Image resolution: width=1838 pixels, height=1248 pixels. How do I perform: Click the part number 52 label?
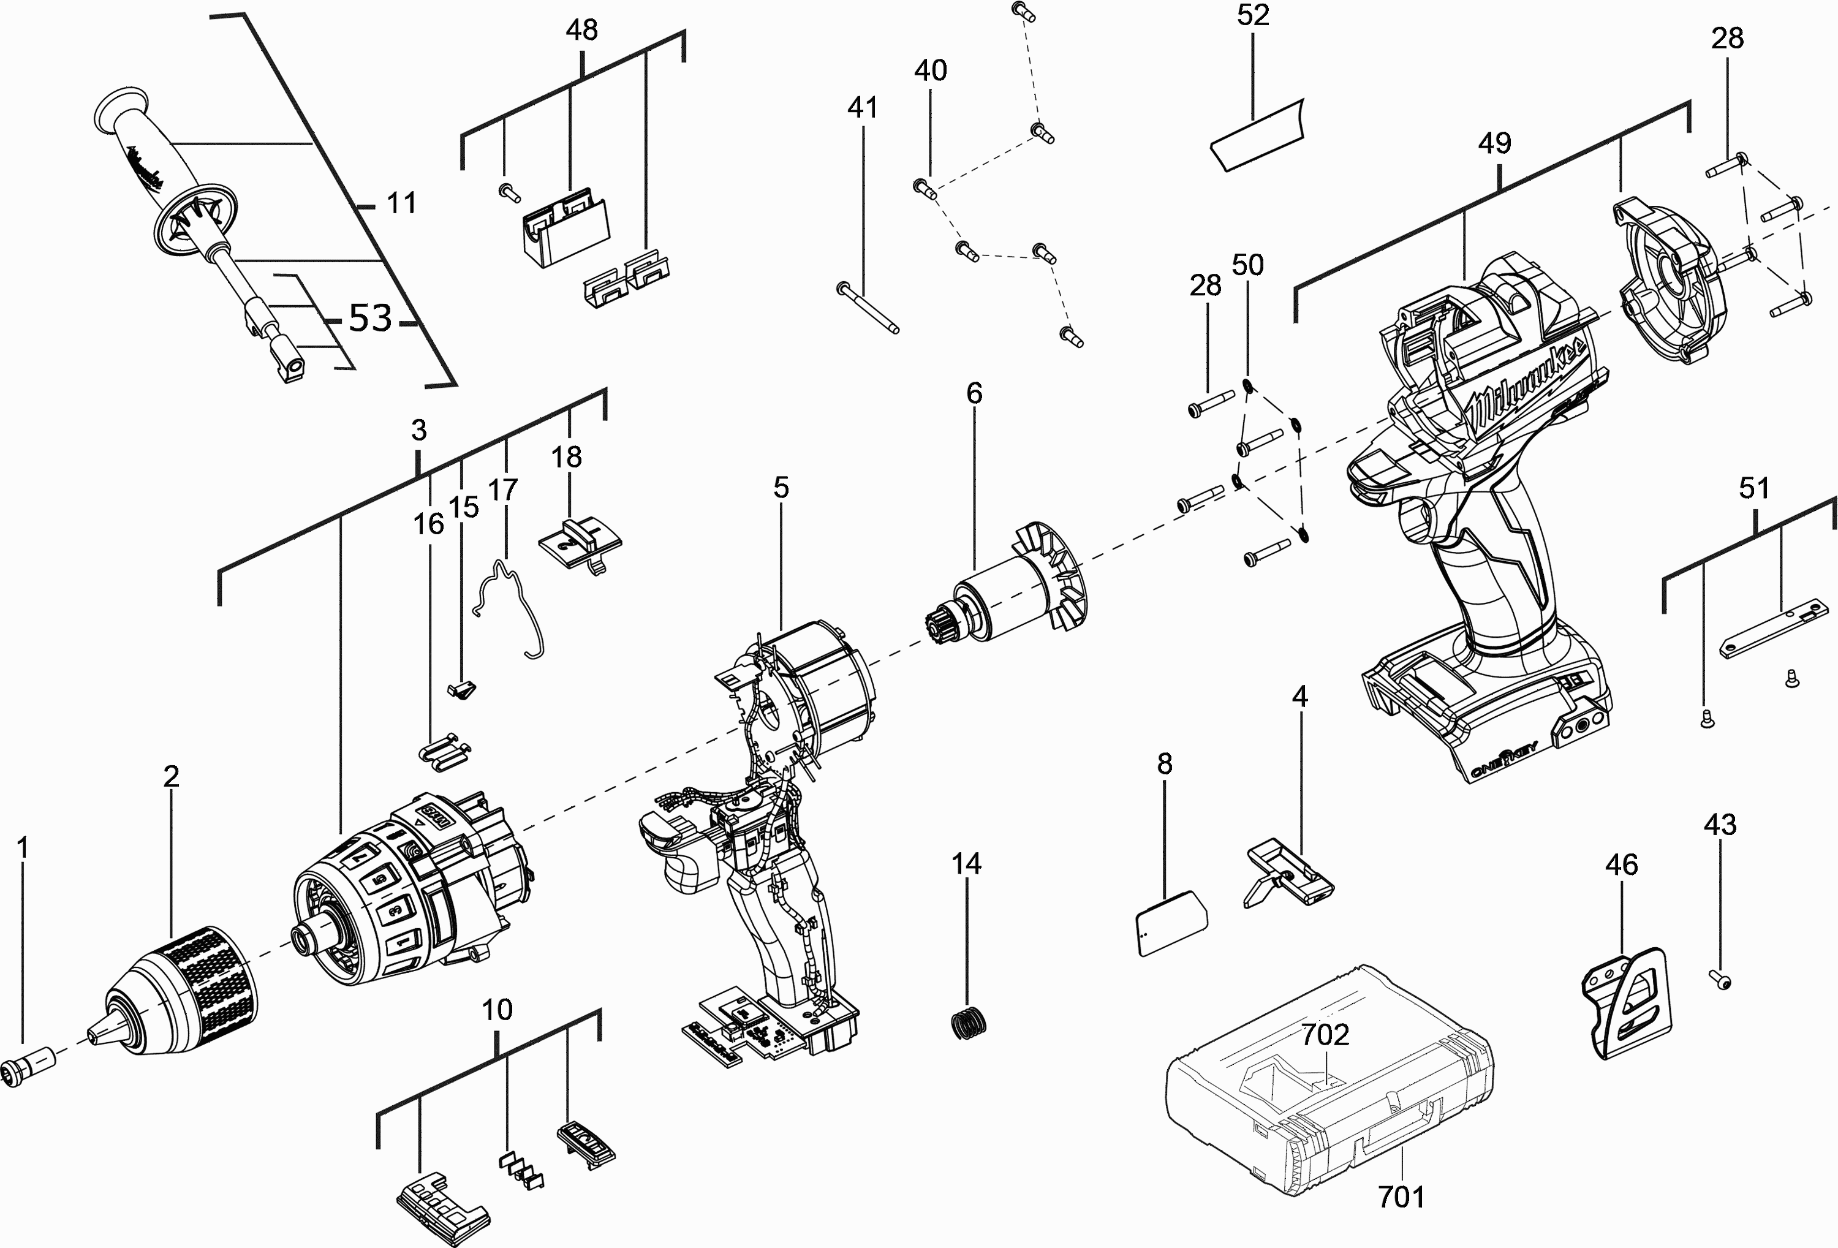coord(1253,16)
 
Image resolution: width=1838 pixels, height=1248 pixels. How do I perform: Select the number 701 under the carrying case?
coord(1401,1197)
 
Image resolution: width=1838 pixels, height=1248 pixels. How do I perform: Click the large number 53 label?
coord(371,318)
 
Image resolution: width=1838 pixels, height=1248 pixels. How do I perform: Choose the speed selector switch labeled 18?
coord(580,542)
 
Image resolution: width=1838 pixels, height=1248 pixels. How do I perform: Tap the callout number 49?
coord(1495,143)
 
